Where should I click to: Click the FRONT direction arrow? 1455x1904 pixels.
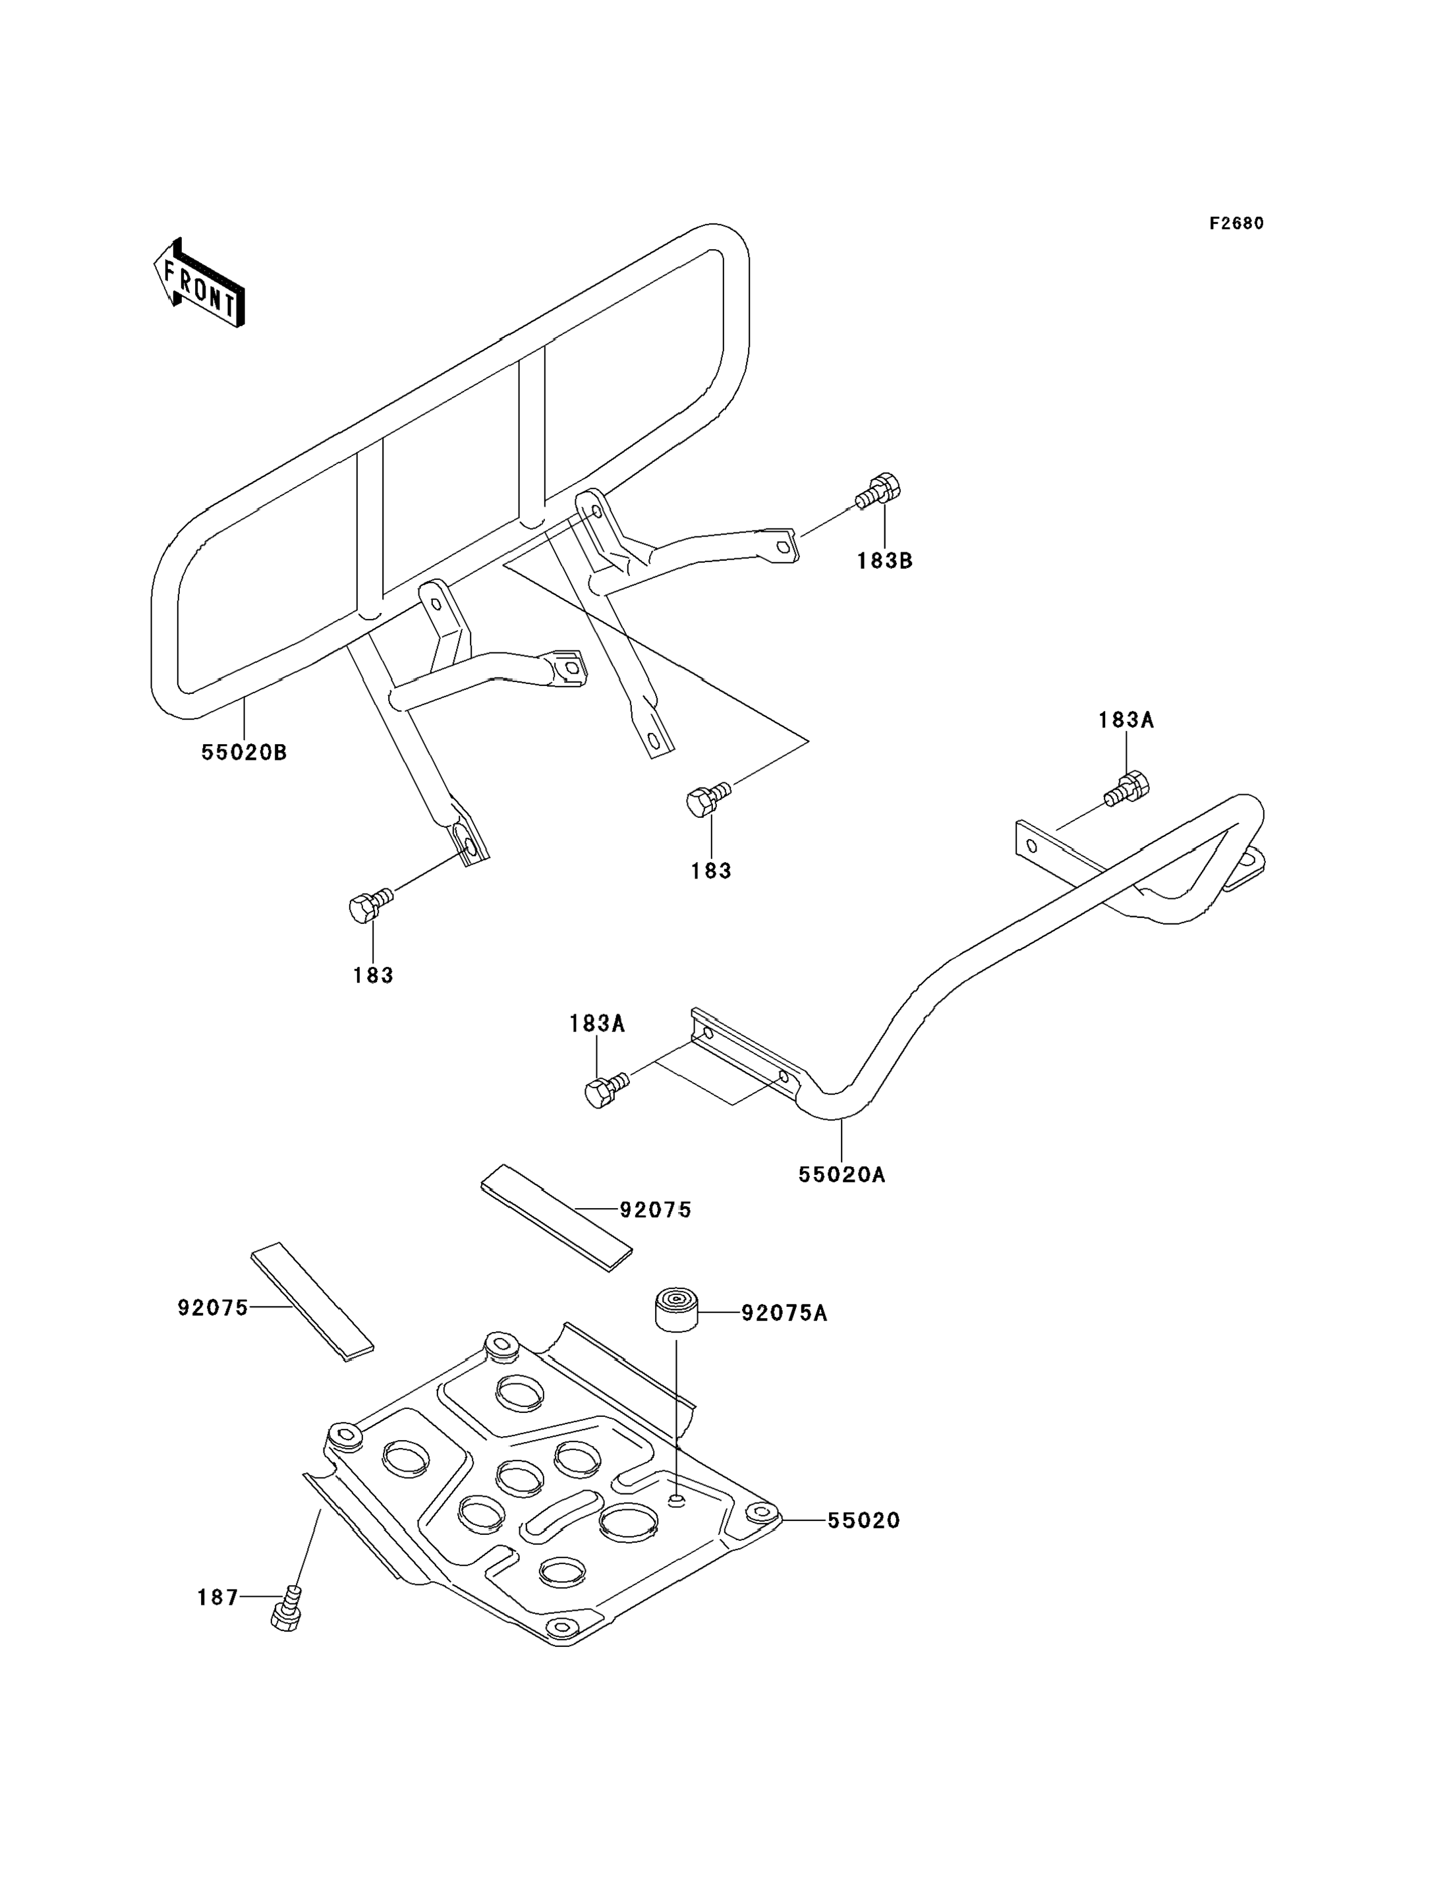198,283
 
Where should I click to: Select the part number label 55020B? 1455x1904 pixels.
244,753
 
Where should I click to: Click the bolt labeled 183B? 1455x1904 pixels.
878,493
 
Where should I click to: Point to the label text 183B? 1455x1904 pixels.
885,560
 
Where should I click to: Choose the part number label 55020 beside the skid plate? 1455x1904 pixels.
863,1520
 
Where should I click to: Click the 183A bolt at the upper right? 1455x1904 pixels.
1127,788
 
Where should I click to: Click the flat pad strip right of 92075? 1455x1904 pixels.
557,1218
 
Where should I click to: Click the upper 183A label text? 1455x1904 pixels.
1126,720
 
